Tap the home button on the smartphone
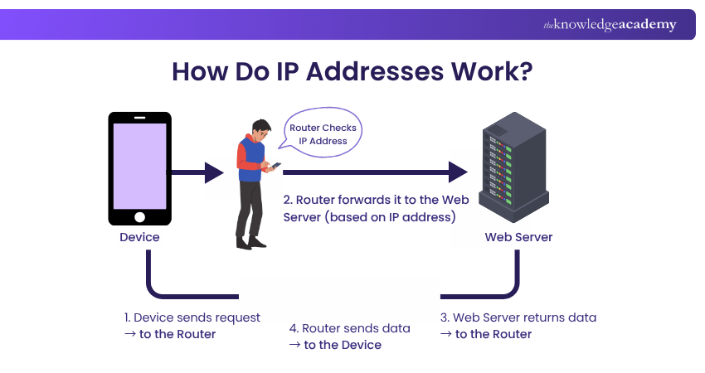[139, 217]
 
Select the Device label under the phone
[139, 237]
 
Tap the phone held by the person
[276, 166]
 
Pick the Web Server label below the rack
[518, 237]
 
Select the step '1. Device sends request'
[192, 317]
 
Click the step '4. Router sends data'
[349, 328]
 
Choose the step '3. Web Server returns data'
[518, 317]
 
